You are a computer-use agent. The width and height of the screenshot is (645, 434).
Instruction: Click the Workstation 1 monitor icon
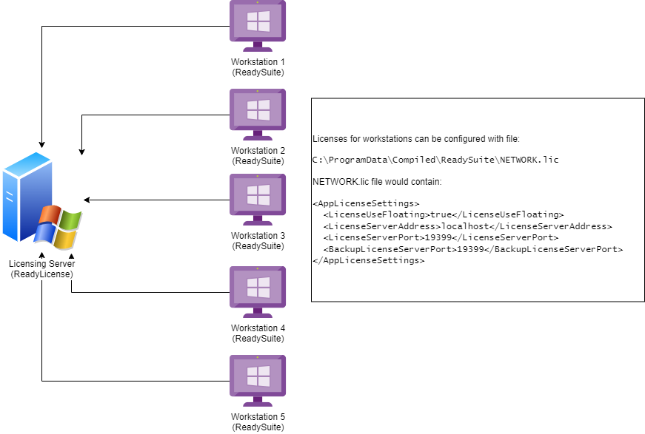pyautogui.click(x=257, y=24)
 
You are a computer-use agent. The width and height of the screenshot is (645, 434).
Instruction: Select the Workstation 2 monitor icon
pyautogui.click(x=257, y=112)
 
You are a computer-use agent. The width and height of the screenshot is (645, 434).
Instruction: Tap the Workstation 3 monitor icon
pyautogui.click(x=257, y=198)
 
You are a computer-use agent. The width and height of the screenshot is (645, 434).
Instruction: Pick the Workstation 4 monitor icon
pyautogui.click(x=257, y=290)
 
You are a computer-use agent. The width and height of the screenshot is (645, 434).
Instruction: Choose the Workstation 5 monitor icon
pyautogui.click(x=257, y=379)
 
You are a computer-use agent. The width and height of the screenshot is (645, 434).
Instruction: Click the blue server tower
pyautogui.click(x=25, y=196)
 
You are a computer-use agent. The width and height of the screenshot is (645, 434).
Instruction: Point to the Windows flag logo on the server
pyautogui.click(x=58, y=226)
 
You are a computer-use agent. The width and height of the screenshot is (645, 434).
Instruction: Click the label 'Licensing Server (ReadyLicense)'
pyautogui.click(x=42, y=269)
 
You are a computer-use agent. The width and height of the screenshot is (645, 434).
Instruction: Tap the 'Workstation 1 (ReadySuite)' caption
pyautogui.click(x=258, y=67)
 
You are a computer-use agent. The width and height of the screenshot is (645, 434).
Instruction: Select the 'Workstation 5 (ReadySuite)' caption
pyautogui.click(x=258, y=422)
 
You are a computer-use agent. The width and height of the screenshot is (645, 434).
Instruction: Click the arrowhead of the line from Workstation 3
pyautogui.click(x=87, y=200)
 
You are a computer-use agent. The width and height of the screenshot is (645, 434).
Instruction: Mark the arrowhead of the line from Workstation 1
pyautogui.click(x=42, y=144)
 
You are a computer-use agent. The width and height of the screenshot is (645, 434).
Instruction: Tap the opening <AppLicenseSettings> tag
pyautogui.click(x=366, y=203)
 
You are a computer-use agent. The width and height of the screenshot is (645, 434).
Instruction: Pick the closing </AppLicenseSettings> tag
pyautogui.click(x=368, y=260)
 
